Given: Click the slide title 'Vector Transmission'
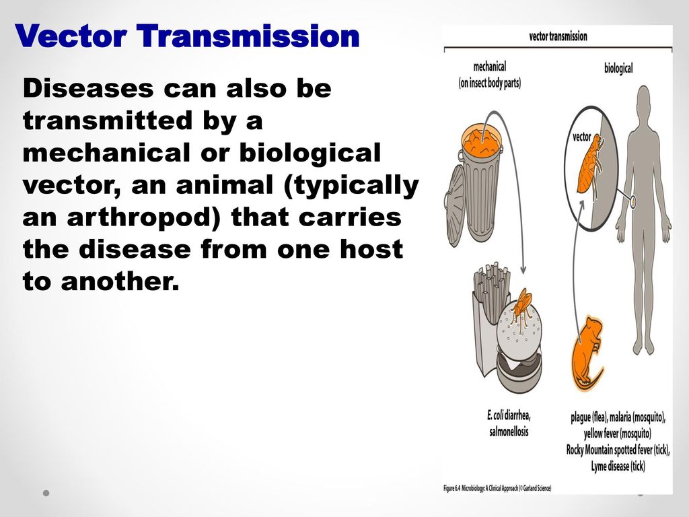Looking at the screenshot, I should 187,36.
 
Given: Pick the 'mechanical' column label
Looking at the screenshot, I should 489,67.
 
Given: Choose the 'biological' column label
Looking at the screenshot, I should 618,68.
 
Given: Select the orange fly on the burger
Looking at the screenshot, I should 521,307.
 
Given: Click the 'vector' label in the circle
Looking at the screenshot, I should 582,137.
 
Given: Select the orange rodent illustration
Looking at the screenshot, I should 583,353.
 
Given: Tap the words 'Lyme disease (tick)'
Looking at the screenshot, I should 618,466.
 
